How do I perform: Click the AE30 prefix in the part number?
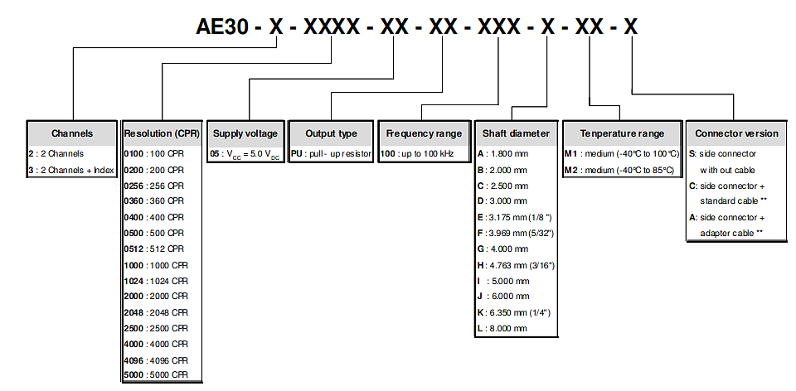(222, 27)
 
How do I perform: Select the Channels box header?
(72, 133)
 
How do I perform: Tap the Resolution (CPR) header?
(162, 133)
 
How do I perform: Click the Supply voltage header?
(245, 133)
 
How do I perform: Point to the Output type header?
(331, 133)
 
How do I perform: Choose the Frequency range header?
(424, 133)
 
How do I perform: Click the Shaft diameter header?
(516, 133)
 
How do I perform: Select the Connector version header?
(736, 133)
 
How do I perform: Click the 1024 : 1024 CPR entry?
(156, 281)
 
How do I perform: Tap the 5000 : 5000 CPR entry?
(156, 375)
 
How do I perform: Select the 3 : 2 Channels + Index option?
(71, 170)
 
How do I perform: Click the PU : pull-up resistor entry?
(331, 153)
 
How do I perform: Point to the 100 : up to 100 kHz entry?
(417, 153)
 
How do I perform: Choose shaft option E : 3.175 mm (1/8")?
(514, 217)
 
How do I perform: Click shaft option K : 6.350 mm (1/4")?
(514, 312)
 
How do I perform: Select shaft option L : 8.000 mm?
(502, 328)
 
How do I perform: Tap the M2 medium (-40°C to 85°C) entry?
(619, 170)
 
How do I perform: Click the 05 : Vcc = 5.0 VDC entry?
(245, 154)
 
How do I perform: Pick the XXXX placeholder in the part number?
(332, 27)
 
